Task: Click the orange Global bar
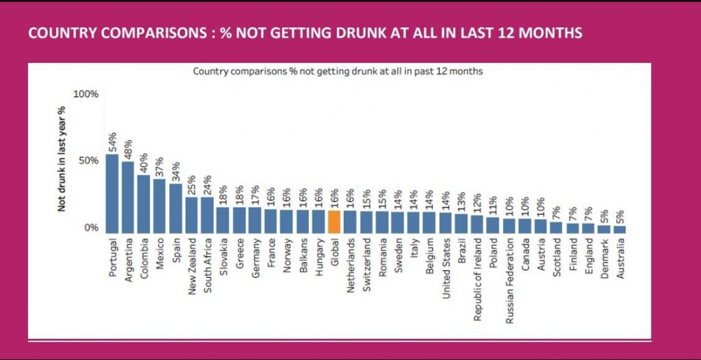pyautogui.click(x=334, y=222)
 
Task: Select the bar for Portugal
pyautogui.click(x=112, y=194)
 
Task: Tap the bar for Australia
pyautogui.click(x=620, y=230)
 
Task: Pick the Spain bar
pyautogui.click(x=176, y=208)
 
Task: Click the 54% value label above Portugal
pyautogui.click(x=112, y=141)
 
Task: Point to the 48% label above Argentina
pyautogui.click(x=128, y=149)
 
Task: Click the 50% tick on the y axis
pyautogui.click(x=86, y=161)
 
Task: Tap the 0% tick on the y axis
pyautogui.click(x=91, y=228)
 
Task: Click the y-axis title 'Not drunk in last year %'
pyautogui.click(x=62, y=159)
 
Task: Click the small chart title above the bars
pyautogui.click(x=338, y=71)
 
